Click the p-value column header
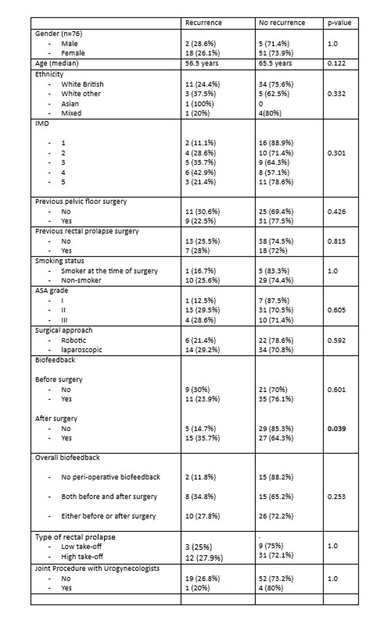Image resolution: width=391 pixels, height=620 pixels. [x=339, y=23]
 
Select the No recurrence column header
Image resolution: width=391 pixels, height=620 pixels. [x=282, y=23]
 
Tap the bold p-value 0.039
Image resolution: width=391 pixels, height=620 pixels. [x=336, y=429]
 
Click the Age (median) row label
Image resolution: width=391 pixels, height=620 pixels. [x=57, y=63]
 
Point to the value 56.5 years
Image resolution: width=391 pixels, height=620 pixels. [x=202, y=63]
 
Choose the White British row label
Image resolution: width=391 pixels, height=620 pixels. [x=82, y=84]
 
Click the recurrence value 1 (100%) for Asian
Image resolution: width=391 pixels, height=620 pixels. [x=199, y=104]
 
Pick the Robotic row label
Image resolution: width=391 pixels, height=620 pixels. [x=73, y=340]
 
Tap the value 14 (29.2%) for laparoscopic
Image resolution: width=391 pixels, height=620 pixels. [x=202, y=350]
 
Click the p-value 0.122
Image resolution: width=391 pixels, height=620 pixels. [x=336, y=63]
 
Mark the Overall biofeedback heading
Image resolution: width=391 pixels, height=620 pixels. [x=67, y=457]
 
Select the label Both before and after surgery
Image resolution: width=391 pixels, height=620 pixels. [x=109, y=496]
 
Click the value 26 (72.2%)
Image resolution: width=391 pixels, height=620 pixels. [x=276, y=516]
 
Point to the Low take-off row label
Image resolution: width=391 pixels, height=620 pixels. [x=81, y=546]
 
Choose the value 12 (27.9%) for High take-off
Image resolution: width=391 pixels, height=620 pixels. [x=204, y=558]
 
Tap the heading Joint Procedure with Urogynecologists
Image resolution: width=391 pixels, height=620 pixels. [x=97, y=568]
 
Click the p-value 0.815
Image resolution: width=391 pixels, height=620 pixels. [x=336, y=241]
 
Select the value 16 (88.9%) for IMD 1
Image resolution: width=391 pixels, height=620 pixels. [x=276, y=143]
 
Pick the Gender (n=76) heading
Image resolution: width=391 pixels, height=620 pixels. [x=59, y=34]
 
